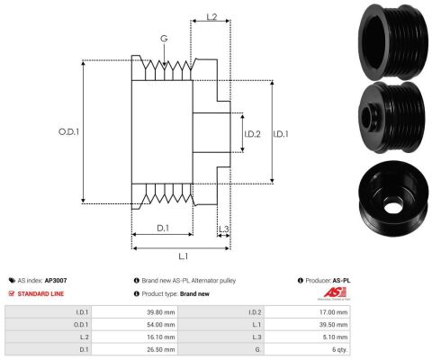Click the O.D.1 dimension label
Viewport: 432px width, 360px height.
point(68,131)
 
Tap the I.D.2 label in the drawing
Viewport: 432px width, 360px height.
point(252,134)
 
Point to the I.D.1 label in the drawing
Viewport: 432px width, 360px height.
point(281,134)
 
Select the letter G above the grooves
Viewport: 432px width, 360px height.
point(164,39)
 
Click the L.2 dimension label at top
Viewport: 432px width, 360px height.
point(211,17)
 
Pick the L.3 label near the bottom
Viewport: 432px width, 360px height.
point(223,229)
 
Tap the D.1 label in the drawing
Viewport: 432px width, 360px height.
point(163,229)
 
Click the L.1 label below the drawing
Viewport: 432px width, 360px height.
point(184,256)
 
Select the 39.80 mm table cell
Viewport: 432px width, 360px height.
point(161,312)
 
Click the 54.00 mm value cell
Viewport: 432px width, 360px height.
point(161,325)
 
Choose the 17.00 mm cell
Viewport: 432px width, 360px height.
point(333,312)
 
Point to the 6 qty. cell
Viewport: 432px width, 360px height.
point(338,349)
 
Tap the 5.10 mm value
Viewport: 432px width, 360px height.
point(335,337)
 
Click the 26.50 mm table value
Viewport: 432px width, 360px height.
point(161,349)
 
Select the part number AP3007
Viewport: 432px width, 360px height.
point(56,281)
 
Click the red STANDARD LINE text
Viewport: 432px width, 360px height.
point(40,294)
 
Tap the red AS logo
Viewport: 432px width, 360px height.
point(335,293)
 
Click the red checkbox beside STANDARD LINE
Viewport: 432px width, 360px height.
point(12,293)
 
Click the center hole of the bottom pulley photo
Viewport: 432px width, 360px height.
point(391,207)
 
